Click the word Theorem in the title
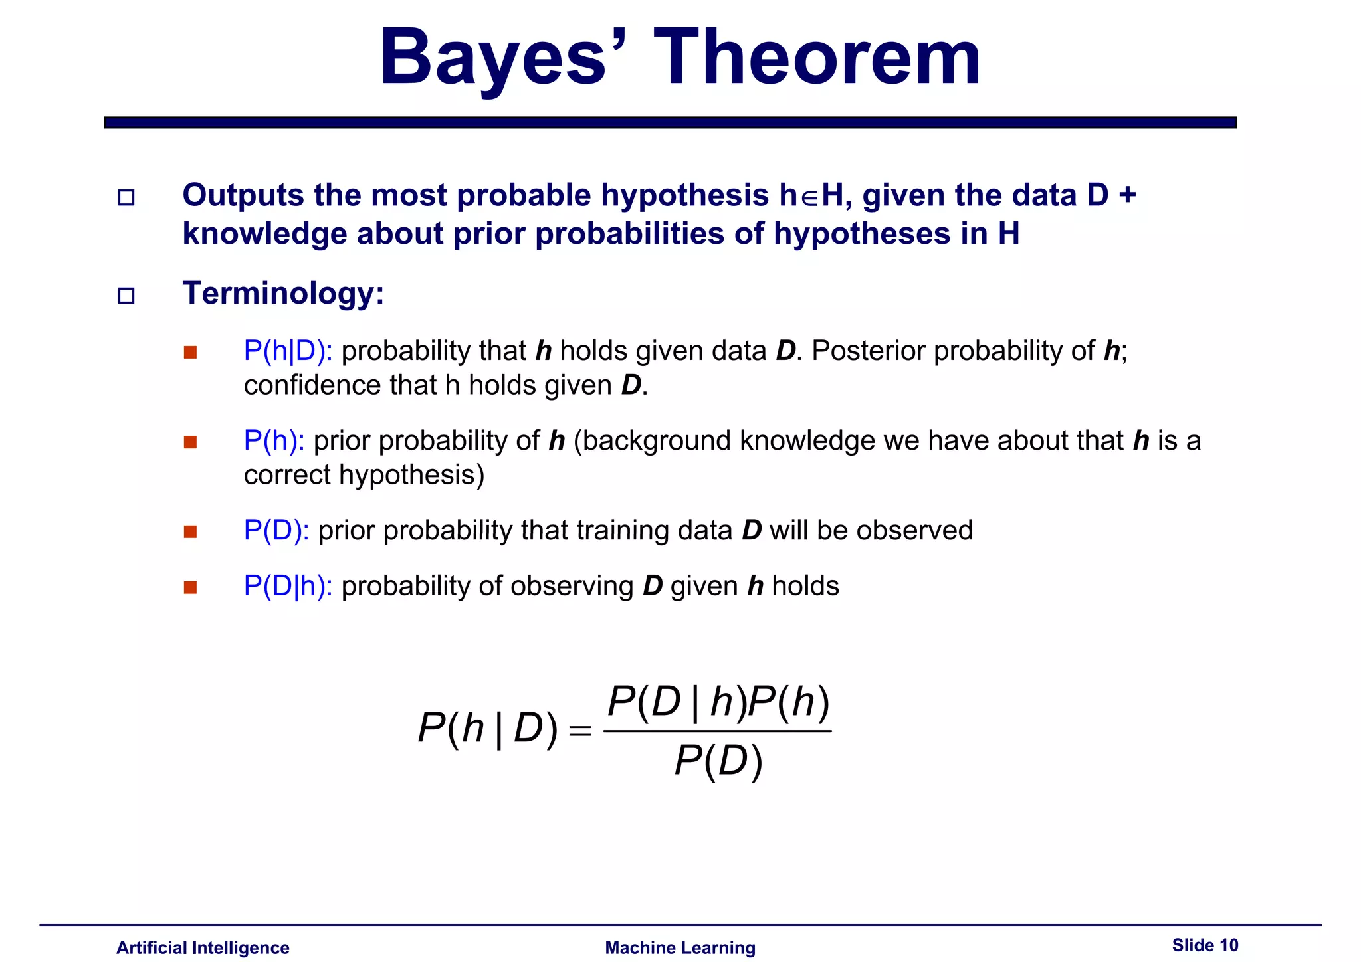pos(817,58)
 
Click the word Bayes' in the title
pos(495,58)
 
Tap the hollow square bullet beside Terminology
pos(126,295)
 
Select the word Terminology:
pos(283,293)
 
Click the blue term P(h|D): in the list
pos(288,351)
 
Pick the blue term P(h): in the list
pos(274,440)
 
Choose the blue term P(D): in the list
pos(276,530)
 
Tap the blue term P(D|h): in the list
pos(288,586)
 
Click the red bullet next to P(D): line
pos(191,531)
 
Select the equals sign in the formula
pos(579,731)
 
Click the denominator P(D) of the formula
pos(718,761)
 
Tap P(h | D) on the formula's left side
pos(488,729)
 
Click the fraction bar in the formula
pos(718,731)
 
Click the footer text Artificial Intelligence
pos(203,947)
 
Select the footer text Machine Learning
pos(680,947)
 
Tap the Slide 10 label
pos(1205,945)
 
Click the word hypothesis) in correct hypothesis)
pos(411,475)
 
